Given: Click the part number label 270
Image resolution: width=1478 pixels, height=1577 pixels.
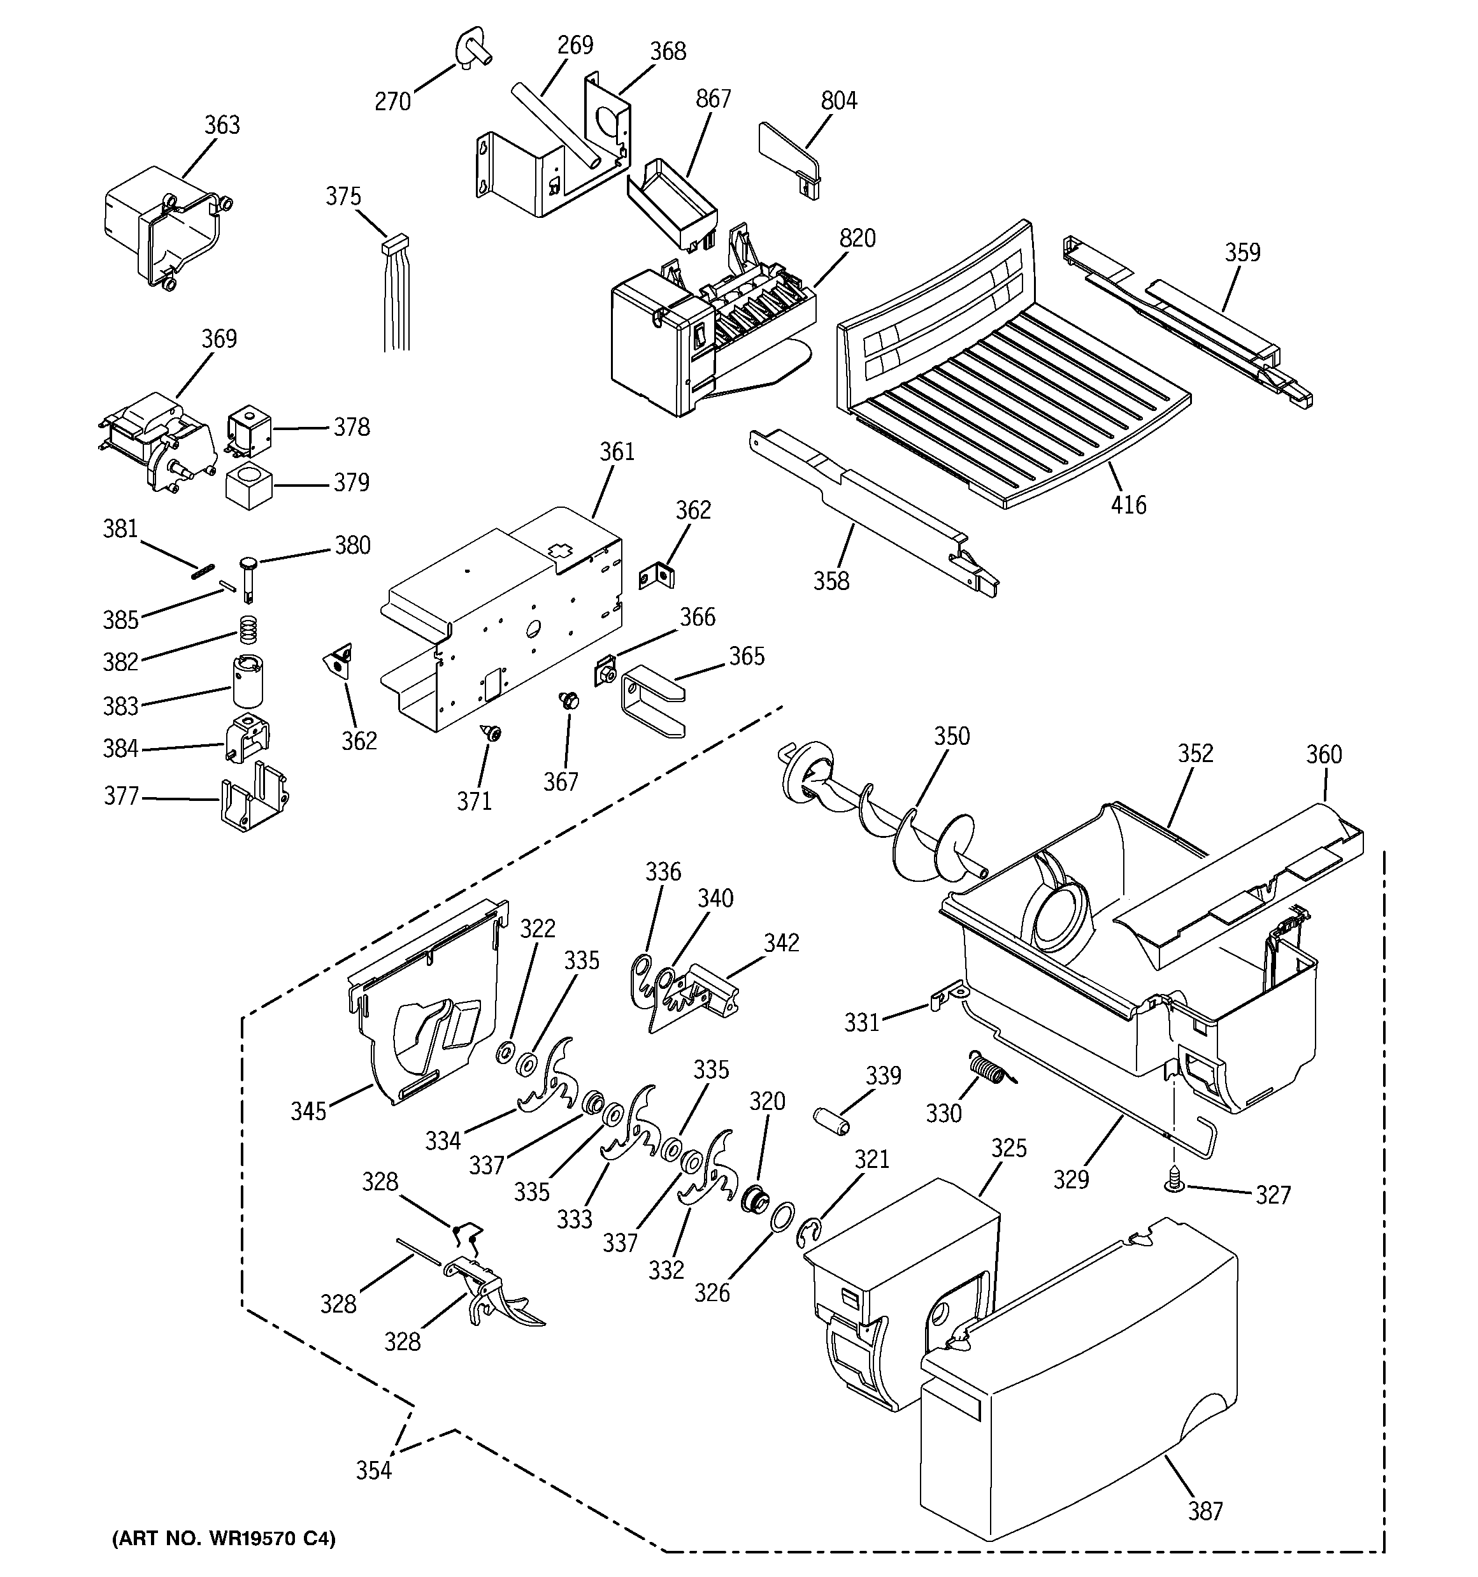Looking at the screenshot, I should (392, 101).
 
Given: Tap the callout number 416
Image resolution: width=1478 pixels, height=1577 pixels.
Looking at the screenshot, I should (1128, 505).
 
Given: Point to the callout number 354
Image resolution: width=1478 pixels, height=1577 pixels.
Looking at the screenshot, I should (373, 1470).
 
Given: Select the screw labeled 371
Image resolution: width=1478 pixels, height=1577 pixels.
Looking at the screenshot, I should (492, 734).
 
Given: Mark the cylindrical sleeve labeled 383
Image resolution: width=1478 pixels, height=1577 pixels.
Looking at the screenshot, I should (248, 680).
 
